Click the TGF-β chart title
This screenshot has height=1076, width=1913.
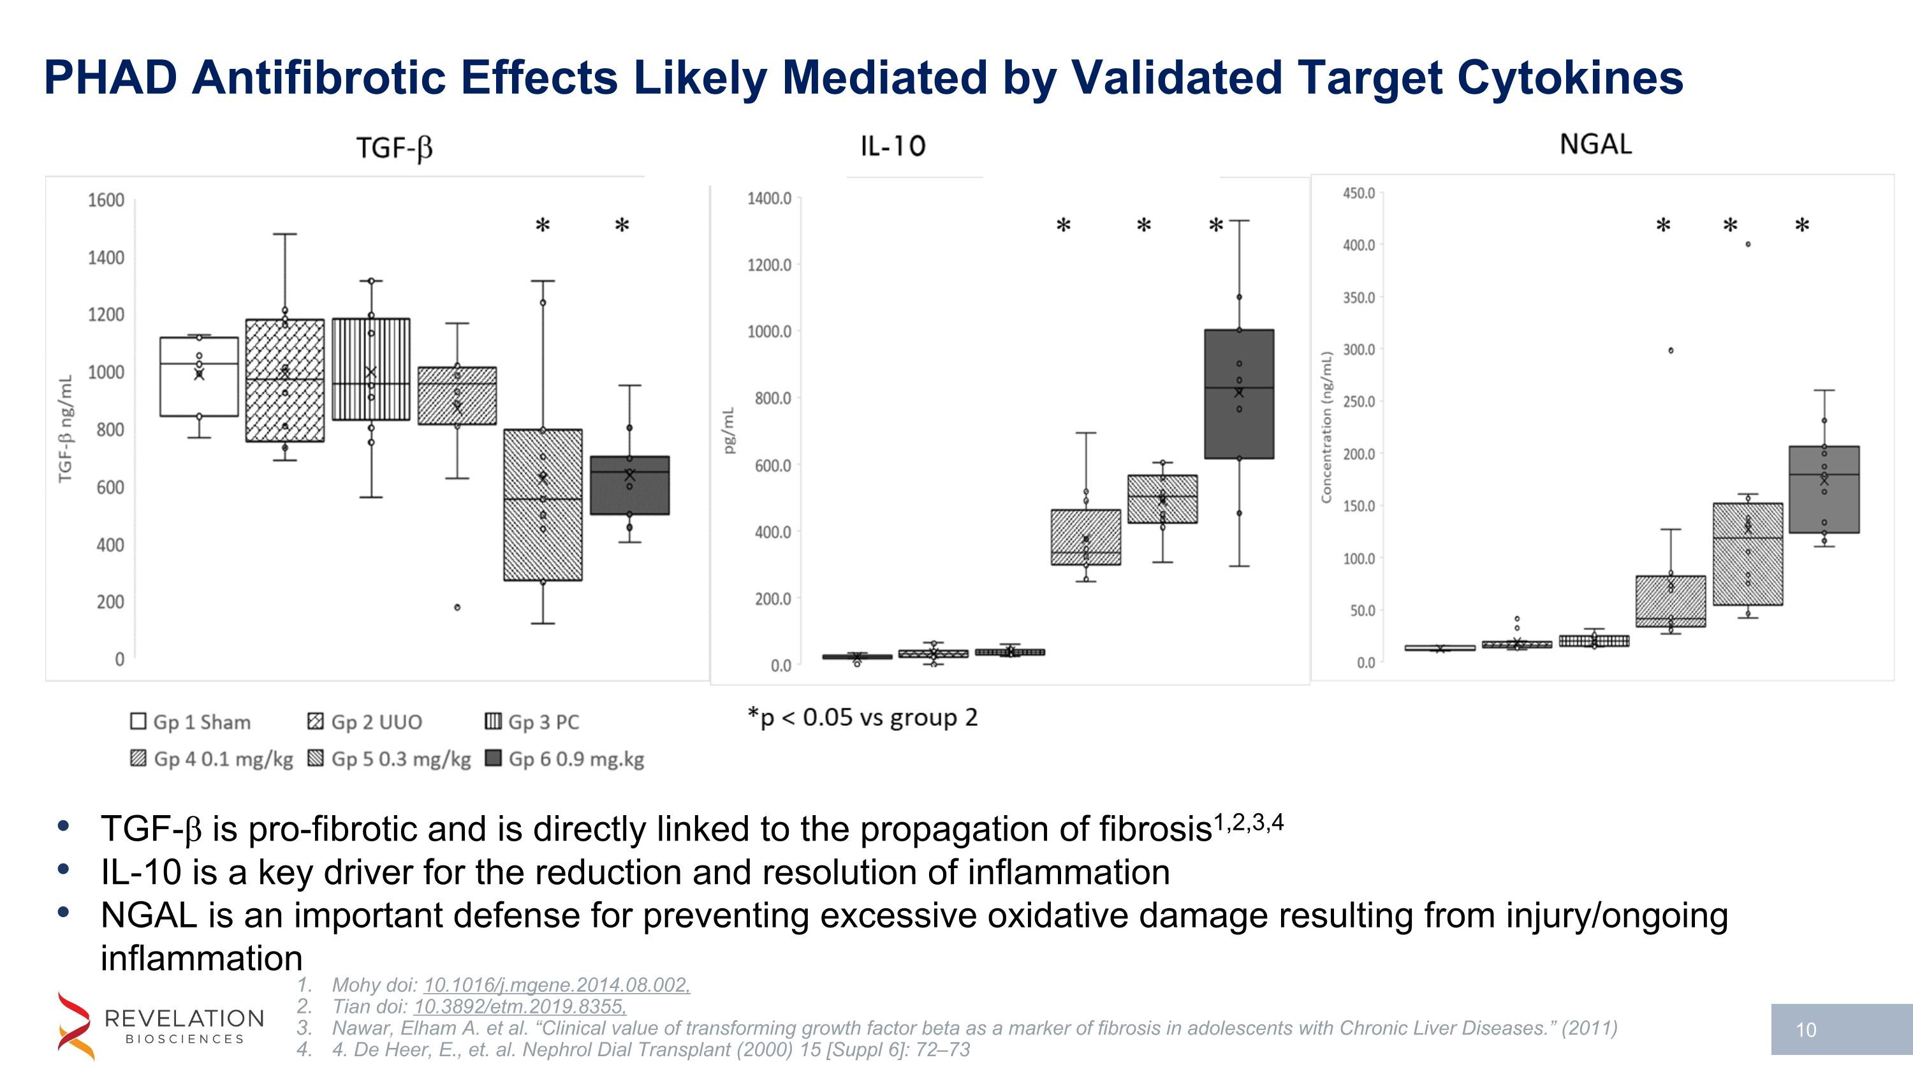point(394,148)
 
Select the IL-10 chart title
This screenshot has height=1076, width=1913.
point(893,146)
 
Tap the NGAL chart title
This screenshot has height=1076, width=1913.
point(1595,144)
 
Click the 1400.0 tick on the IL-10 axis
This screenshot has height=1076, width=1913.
point(770,198)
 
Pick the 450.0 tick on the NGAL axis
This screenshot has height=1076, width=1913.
point(1358,193)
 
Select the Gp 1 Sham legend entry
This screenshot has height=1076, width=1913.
point(191,722)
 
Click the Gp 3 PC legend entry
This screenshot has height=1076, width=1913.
point(532,722)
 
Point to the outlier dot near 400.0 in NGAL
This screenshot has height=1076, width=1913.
point(1748,244)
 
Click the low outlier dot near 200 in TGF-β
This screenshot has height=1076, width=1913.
point(457,607)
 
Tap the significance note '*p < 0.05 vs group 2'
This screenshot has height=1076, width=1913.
point(863,718)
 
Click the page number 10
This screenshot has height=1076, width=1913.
point(1806,1030)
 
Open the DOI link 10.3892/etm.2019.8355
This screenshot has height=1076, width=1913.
point(520,1006)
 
